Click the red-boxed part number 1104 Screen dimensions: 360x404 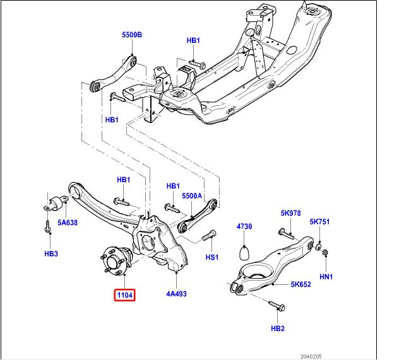[124, 294]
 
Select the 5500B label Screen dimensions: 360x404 [132, 35]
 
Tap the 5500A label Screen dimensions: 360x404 [192, 196]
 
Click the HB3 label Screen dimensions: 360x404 [51, 253]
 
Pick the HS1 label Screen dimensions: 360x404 [211, 257]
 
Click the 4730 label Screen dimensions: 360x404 [244, 226]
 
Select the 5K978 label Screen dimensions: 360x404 [291, 213]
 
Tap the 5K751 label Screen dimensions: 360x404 [320, 222]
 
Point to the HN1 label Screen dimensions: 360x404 [326, 276]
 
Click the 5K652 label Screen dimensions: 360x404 [300, 284]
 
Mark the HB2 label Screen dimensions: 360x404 [278, 328]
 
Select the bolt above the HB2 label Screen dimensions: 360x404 [277, 306]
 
